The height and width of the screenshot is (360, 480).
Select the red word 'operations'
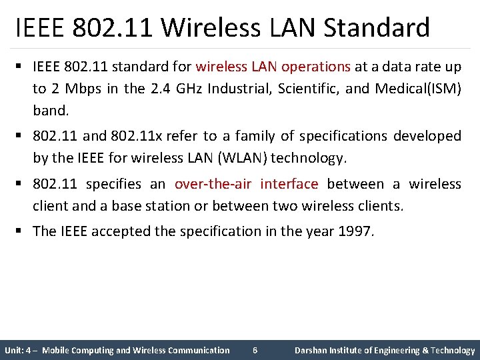click(x=316, y=67)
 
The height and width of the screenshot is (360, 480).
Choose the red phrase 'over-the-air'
click(x=213, y=184)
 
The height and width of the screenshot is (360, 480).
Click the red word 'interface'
click(x=289, y=184)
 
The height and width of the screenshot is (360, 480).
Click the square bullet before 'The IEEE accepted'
click(x=22, y=231)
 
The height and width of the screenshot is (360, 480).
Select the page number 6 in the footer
click(x=255, y=350)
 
